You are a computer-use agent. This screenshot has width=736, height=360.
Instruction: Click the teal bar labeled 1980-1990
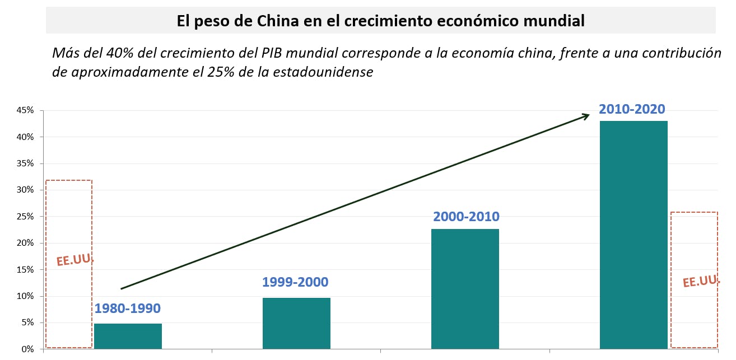pyautogui.click(x=128, y=336)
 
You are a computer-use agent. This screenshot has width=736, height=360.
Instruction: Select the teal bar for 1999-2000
pyautogui.click(x=296, y=323)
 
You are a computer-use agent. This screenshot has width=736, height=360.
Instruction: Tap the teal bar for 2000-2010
pyautogui.click(x=465, y=289)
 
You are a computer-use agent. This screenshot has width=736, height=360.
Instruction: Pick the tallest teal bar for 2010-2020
pyautogui.click(x=633, y=235)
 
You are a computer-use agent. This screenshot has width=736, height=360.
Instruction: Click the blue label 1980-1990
pyautogui.click(x=128, y=308)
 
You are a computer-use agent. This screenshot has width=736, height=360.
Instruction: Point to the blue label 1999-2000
pyautogui.click(x=295, y=282)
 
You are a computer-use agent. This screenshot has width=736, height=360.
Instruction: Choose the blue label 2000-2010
pyautogui.click(x=466, y=217)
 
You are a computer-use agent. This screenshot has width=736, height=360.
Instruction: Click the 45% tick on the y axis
pyautogui.click(x=25, y=110)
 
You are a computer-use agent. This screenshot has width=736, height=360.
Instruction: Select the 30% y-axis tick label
pyautogui.click(x=25, y=190)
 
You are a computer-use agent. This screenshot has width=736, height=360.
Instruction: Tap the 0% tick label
pyautogui.click(x=27, y=349)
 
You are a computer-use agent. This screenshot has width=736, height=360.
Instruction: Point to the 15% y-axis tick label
pyautogui.click(x=25, y=269)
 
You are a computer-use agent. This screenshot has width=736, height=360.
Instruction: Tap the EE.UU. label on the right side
pyautogui.click(x=701, y=282)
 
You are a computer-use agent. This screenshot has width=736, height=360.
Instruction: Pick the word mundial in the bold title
pyautogui.click(x=551, y=21)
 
